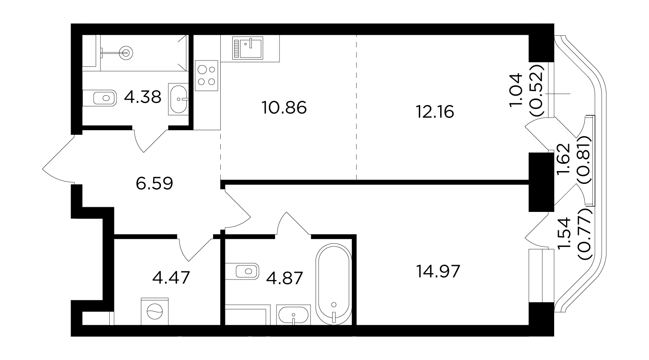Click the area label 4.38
coord(142,97)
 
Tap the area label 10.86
coord(284,108)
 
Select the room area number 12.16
coord(435,111)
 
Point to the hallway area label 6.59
coord(154,183)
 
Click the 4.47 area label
coord(171,277)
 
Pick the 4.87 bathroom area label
coord(284,278)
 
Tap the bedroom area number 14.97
coord(438,271)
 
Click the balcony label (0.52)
coord(538,90)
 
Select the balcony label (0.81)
coord(584,160)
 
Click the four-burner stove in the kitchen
coord(207,76)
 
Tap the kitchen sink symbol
coord(248,48)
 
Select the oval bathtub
coord(334,284)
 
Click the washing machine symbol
coord(155,311)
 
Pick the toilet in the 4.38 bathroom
coord(100,98)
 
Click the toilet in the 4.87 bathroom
coord(242,271)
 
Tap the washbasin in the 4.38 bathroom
coord(178,99)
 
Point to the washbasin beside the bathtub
coord(293,315)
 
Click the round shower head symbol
coord(126,53)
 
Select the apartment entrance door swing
coord(58,160)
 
